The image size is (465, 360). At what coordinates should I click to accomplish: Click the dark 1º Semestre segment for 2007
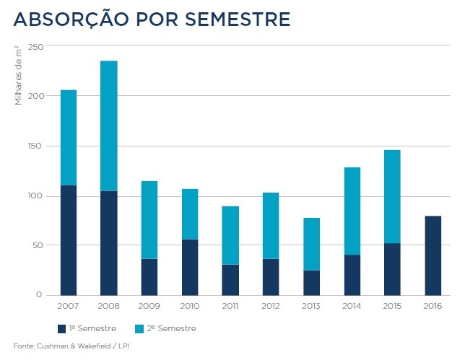[69, 240]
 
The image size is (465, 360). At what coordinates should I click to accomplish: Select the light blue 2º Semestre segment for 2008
[109, 126]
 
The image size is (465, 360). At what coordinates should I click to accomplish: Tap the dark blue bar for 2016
[433, 255]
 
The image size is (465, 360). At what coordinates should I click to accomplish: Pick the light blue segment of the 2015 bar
[392, 196]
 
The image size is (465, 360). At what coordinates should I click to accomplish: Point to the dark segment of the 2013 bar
[311, 283]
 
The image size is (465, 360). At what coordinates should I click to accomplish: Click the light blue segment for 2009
[149, 219]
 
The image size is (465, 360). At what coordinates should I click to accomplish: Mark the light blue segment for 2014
[352, 211]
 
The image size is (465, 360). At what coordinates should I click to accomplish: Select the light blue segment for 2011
[230, 235]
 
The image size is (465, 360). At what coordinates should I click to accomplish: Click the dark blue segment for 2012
[271, 277]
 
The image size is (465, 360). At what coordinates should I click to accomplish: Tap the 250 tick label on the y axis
[35, 47]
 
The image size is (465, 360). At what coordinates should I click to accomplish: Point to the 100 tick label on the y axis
[35, 196]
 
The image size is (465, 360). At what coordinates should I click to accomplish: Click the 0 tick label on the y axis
[40, 295]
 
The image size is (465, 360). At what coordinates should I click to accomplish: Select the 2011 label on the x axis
[230, 307]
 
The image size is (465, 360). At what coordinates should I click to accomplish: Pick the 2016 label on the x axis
[433, 307]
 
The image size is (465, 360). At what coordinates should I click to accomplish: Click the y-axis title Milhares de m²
[19, 74]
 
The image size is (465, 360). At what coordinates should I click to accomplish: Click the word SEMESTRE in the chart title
[238, 19]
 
